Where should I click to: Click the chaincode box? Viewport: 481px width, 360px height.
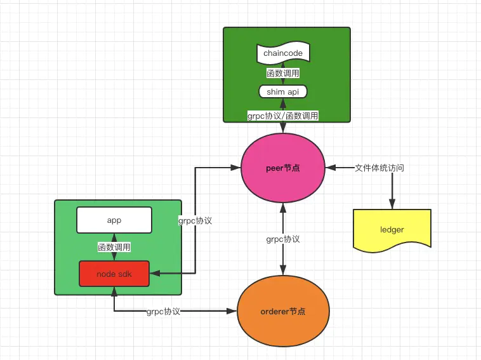(282, 53)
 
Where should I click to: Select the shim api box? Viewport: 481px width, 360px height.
(282, 92)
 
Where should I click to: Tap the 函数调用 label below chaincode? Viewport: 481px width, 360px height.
(282, 73)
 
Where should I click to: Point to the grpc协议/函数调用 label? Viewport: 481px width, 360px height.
(282, 116)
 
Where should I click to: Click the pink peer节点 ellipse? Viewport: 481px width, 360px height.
(282, 168)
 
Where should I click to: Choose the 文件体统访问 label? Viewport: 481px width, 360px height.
(379, 168)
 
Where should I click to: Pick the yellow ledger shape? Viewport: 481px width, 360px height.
(392, 229)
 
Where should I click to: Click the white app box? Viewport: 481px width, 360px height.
(114, 220)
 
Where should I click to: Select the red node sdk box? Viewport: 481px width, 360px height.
(114, 274)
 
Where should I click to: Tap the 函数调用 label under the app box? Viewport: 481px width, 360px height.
(114, 247)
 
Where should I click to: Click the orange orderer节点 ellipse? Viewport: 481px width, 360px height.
(282, 311)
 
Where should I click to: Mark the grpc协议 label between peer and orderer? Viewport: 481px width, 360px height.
(283, 239)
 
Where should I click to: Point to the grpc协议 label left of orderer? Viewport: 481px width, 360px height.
(163, 312)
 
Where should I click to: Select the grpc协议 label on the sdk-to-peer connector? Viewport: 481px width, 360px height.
(195, 221)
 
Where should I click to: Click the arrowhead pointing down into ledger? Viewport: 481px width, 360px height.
(392, 204)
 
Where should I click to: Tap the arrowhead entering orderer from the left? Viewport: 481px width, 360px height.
(233, 311)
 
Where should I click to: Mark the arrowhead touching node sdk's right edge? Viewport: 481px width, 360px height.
(154, 274)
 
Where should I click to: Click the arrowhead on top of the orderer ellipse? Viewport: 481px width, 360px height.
(282, 272)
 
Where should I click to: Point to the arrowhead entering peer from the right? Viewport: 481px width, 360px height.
(329, 168)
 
